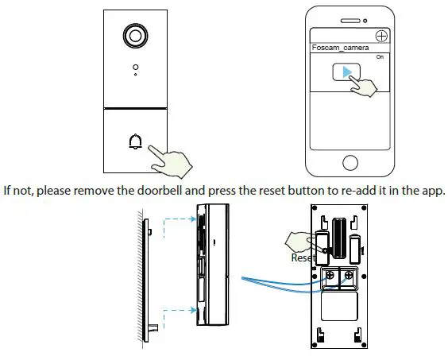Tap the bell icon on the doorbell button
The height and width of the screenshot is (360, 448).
pyautogui.click(x=134, y=143)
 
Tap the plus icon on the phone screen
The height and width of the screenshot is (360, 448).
pyautogui.click(x=382, y=36)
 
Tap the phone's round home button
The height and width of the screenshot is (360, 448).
pyautogui.click(x=350, y=162)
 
